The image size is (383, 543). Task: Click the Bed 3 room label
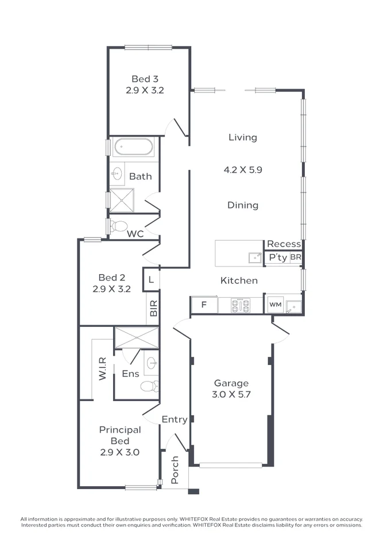145,79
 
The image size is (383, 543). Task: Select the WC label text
135,234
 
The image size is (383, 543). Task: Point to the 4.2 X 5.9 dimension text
243,170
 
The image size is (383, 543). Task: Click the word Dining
243,205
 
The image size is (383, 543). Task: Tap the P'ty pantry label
278,258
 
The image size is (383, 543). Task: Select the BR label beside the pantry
296,258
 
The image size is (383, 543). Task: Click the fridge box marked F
204,305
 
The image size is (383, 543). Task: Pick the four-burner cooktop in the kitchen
240,305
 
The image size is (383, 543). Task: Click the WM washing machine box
275,305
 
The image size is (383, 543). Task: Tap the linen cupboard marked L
150,280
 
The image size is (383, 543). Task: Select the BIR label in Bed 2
153,309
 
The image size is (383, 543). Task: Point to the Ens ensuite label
130,373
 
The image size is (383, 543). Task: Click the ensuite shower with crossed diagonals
136,338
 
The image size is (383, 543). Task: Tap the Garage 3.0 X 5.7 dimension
231,395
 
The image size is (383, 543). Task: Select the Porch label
175,470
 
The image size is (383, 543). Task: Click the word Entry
175,419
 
